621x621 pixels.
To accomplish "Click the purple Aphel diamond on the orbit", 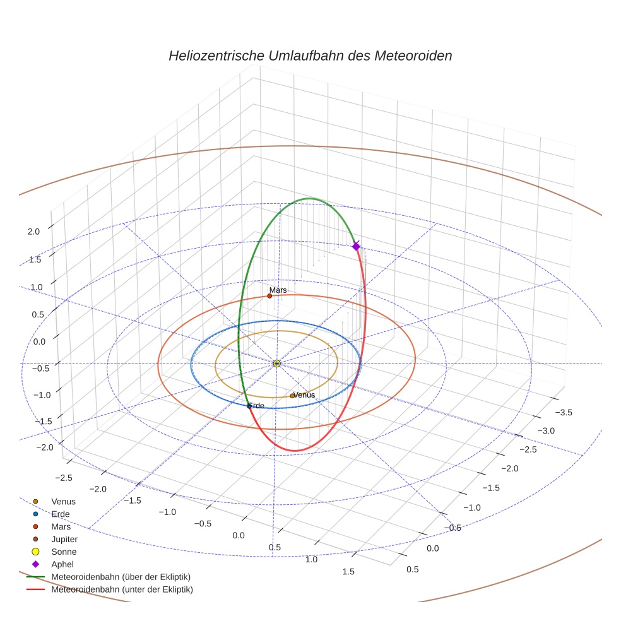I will click(356, 246).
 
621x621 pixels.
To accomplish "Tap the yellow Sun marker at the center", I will click(276, 364).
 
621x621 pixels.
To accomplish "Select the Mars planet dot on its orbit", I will click(269, 295).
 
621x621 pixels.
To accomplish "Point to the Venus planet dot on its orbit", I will click(292, 396).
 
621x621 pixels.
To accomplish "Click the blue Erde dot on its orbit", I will click(249, 406).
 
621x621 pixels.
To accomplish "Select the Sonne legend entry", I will click(64, 552).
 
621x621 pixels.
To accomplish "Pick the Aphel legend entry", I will click(62, 564).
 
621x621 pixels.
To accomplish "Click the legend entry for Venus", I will click(63, 501).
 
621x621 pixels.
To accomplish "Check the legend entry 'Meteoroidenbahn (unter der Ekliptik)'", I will click(122, 589).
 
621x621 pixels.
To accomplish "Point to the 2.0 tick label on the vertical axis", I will click(33, 232).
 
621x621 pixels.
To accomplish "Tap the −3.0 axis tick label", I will click(544, 430).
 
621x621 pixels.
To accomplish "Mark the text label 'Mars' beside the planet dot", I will click(278, 290).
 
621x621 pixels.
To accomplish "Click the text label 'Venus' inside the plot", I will click(304, 395).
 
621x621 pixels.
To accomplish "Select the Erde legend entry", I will click(61, 514).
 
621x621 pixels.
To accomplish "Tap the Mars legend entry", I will click(61, 526).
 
